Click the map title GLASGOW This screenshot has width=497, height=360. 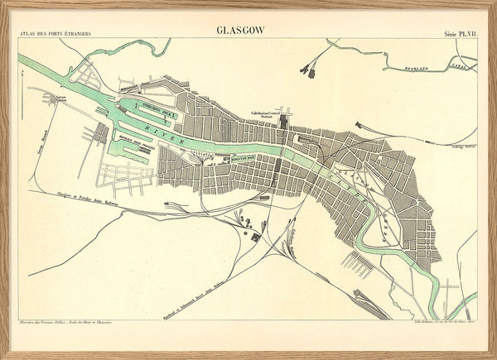pyautogui.click(x=240, y=30)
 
